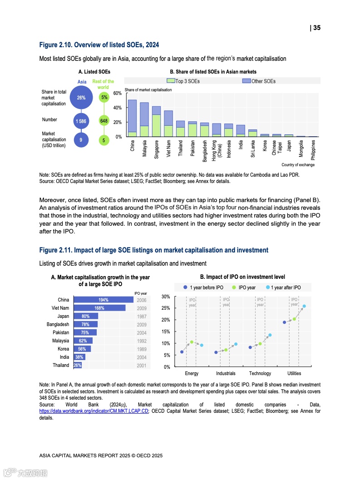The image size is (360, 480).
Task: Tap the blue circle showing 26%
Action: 81,97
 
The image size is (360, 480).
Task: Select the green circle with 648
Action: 104,121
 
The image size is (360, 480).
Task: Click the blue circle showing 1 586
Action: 81,121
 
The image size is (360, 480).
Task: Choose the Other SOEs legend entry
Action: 259,81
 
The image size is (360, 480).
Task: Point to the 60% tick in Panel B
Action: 117,93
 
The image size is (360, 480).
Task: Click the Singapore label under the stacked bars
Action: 156,148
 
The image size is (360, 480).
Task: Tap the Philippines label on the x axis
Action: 313,149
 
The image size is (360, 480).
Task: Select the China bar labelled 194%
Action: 103,300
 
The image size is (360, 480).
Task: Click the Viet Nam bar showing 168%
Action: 99,308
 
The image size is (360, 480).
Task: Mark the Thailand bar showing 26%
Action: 77,365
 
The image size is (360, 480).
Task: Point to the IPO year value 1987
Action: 141,317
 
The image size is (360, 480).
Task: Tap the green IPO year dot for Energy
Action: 192,342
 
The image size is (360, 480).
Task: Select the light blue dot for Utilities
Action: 304,306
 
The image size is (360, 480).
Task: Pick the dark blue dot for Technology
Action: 250,347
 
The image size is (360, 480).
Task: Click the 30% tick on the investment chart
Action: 166,297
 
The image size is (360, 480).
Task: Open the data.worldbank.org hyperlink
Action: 94,411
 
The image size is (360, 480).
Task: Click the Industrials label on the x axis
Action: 226,373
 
